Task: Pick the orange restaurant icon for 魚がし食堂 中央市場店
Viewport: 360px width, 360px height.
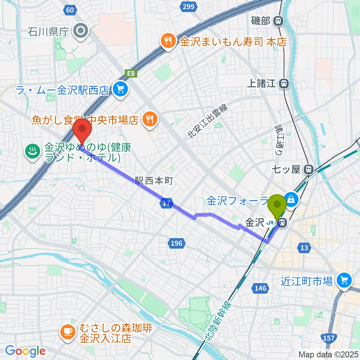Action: click(x=150, y=120)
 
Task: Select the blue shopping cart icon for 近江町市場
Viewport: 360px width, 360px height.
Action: click(x=344, y=280)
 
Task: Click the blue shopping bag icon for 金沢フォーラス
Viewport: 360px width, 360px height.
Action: click(x=291, y=199)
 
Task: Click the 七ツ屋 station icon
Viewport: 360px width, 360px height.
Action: click(x=309, y=169)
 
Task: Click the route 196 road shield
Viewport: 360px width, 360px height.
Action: click(x=176, y=243)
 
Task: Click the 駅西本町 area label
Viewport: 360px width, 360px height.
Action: click(x=154, y=181)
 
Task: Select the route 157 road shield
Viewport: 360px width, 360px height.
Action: click(x=328, y=338)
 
